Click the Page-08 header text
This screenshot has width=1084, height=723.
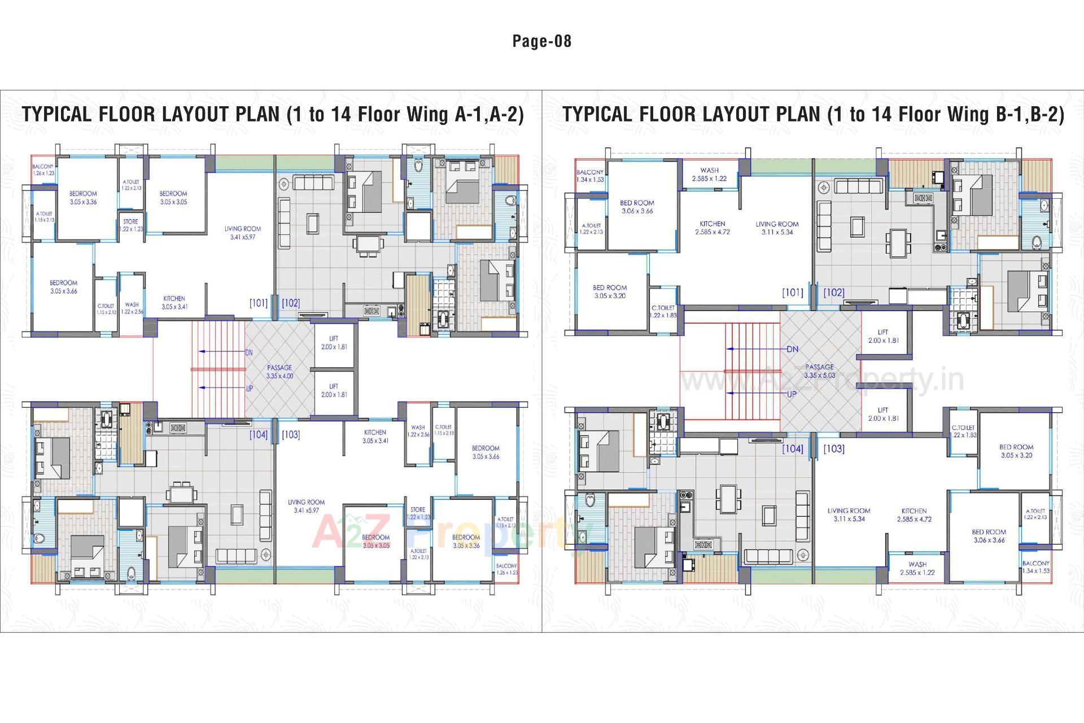[x=541, y=41]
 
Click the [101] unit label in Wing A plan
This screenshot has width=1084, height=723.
[x=259, y=303]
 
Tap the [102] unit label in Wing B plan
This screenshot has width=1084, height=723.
[x=833, y=293]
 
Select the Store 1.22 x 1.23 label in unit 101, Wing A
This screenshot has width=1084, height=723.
[x=130, y=225]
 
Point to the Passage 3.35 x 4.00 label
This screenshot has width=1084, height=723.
[x=279, y=372]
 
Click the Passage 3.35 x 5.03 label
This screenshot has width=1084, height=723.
[x=819, y=371]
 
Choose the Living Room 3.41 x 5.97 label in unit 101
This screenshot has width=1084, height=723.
[x=243, y=233]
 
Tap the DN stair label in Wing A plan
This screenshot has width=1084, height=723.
[x=248, y=352]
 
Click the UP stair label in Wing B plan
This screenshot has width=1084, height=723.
[x=792, y=394]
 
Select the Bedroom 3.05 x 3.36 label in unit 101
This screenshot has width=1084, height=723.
[x=83, y=197]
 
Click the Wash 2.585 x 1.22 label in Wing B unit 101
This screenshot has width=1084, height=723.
[x=709, y=174]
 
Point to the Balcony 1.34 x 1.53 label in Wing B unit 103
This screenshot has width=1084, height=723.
[x=1035, y=567]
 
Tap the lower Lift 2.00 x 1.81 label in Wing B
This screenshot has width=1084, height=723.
[x=883, y=414]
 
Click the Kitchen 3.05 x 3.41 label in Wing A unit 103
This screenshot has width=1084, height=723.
[x=375, y=436]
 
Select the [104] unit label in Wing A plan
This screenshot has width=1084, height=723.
[x=259, y=434]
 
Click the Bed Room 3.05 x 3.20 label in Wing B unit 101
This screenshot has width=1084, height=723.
[x=610, y=291]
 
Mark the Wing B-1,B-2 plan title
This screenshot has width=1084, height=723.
[x=813, y=114]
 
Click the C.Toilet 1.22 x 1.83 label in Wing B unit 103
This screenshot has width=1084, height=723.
[x=963, y=431]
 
